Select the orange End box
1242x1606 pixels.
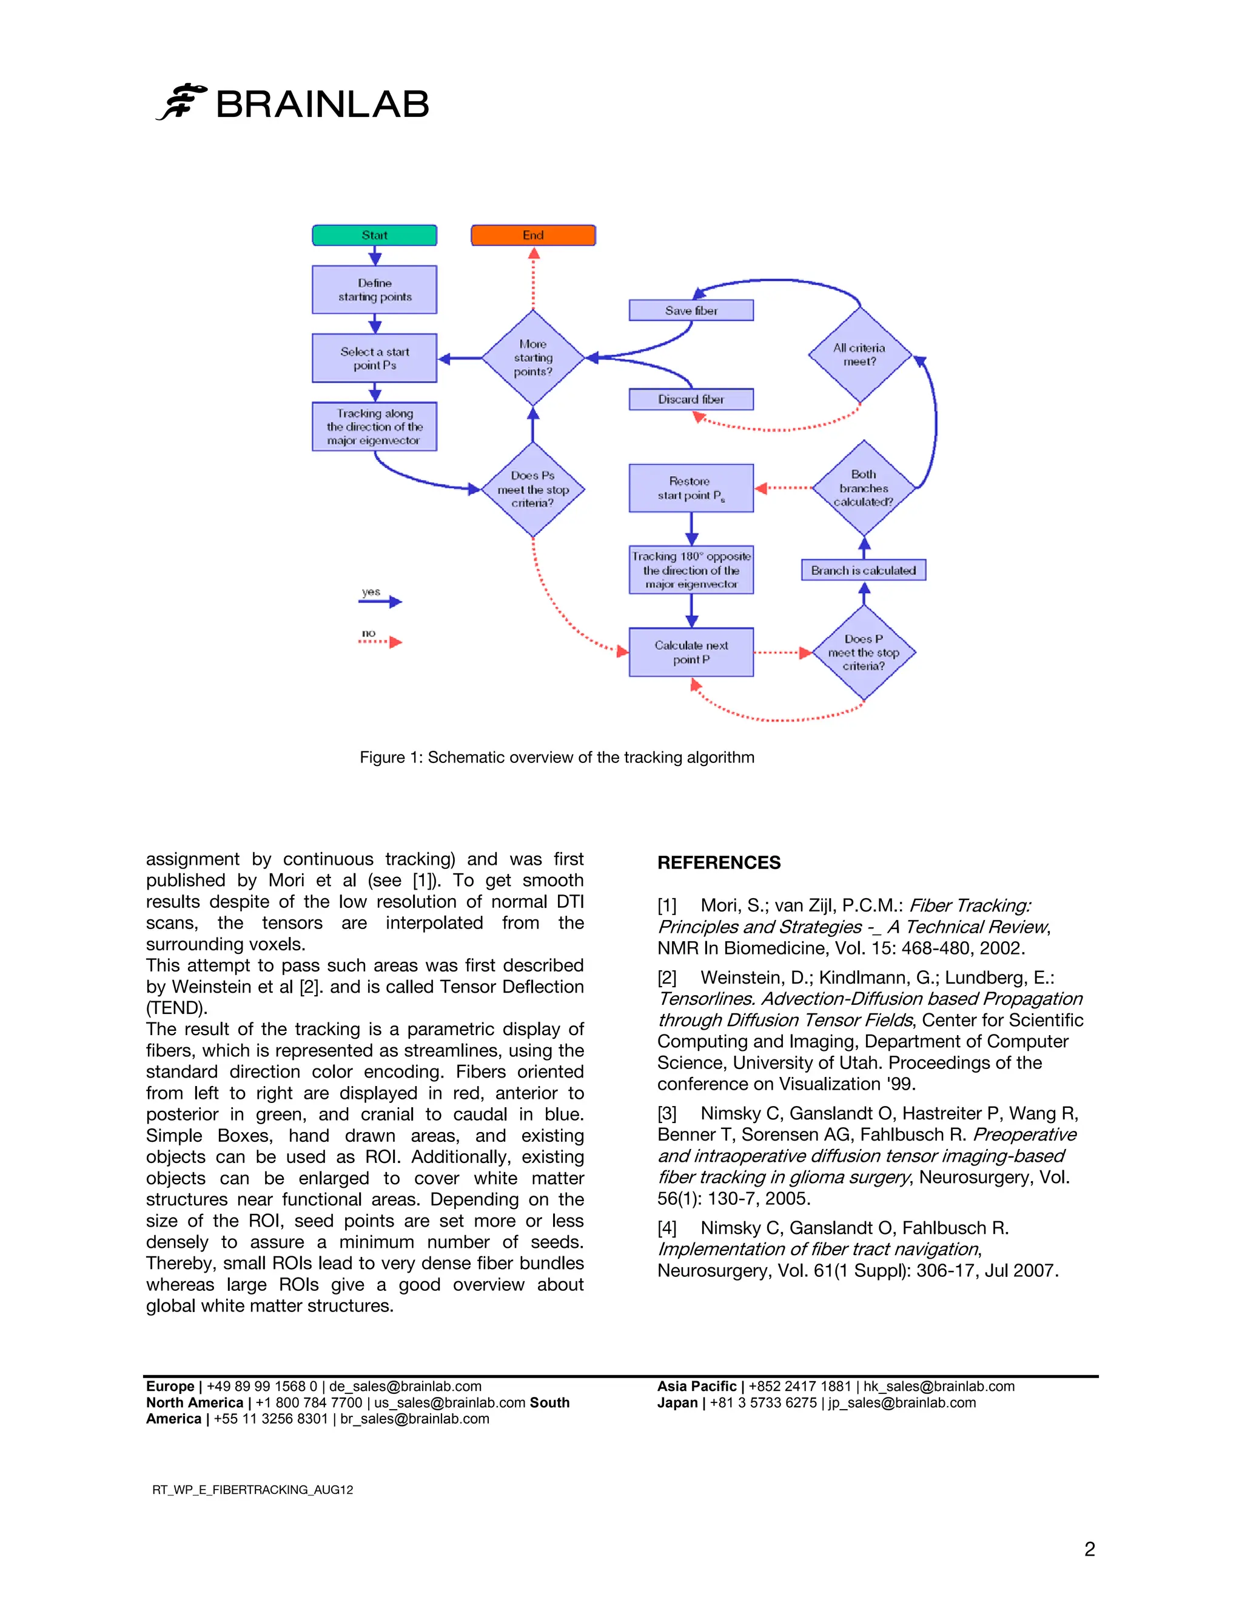[532, 235]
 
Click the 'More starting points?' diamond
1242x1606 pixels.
[532, 358]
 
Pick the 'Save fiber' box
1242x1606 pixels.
[691, 310]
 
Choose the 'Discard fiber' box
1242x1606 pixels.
[691, 399]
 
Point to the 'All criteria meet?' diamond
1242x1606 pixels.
[859, 355]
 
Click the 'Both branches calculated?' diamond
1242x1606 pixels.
[864, 488]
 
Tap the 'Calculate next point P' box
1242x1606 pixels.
[691, 652]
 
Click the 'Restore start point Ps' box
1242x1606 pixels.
[691, 488]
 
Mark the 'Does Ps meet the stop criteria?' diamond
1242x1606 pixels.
[532, 490]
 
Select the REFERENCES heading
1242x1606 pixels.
[719, 862]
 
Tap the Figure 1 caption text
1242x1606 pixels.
[557, 758]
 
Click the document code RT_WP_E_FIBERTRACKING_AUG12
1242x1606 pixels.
[252, 1490]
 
